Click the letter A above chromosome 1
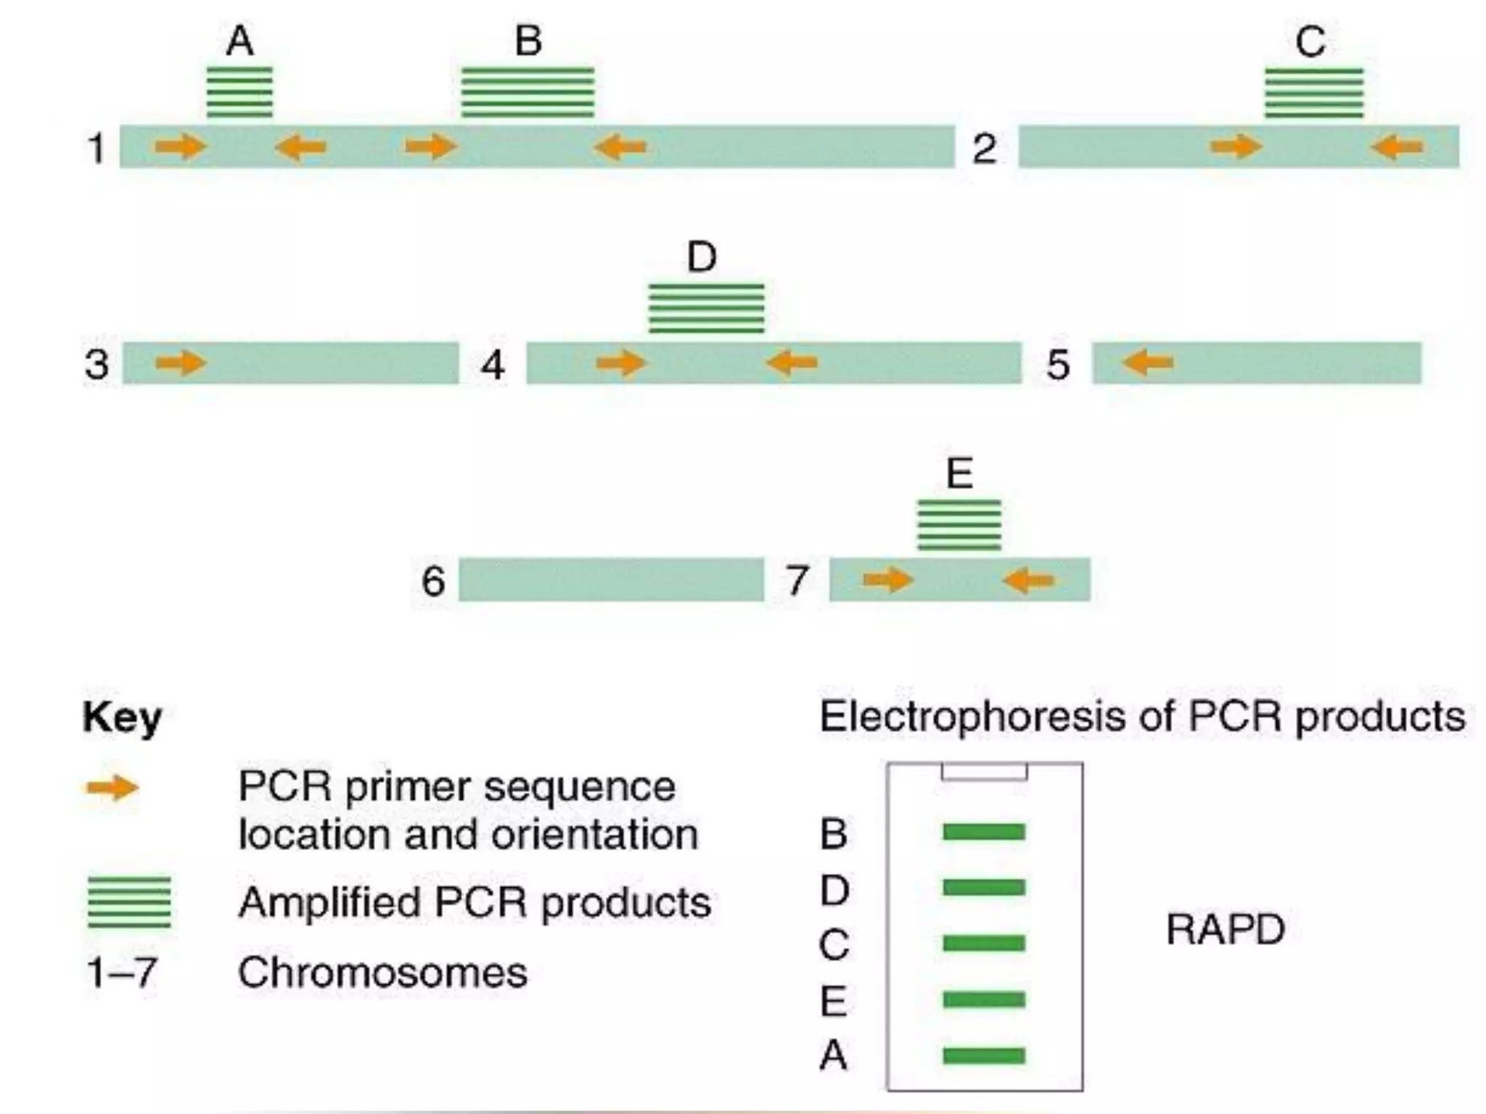coord(240,41)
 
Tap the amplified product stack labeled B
coord(528,92)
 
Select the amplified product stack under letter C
coord(1314,93)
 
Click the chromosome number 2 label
coord(984,149)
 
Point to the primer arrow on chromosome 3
coord(181,362)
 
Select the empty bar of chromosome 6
coord(611,579)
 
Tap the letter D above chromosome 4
coord(702,257)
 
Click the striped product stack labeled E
coord(959,525)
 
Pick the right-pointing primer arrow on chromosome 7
coord(888,579)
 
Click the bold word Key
coord(122,718)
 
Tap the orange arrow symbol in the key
coord(112,788)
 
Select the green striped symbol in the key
coord(129,902)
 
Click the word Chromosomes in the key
coord(382,973)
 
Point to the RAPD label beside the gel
coord(1226,929)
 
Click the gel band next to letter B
coord(984,832)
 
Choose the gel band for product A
coord(984,1055)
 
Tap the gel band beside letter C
coord(984,943)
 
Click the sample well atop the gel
coord(984,772)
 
